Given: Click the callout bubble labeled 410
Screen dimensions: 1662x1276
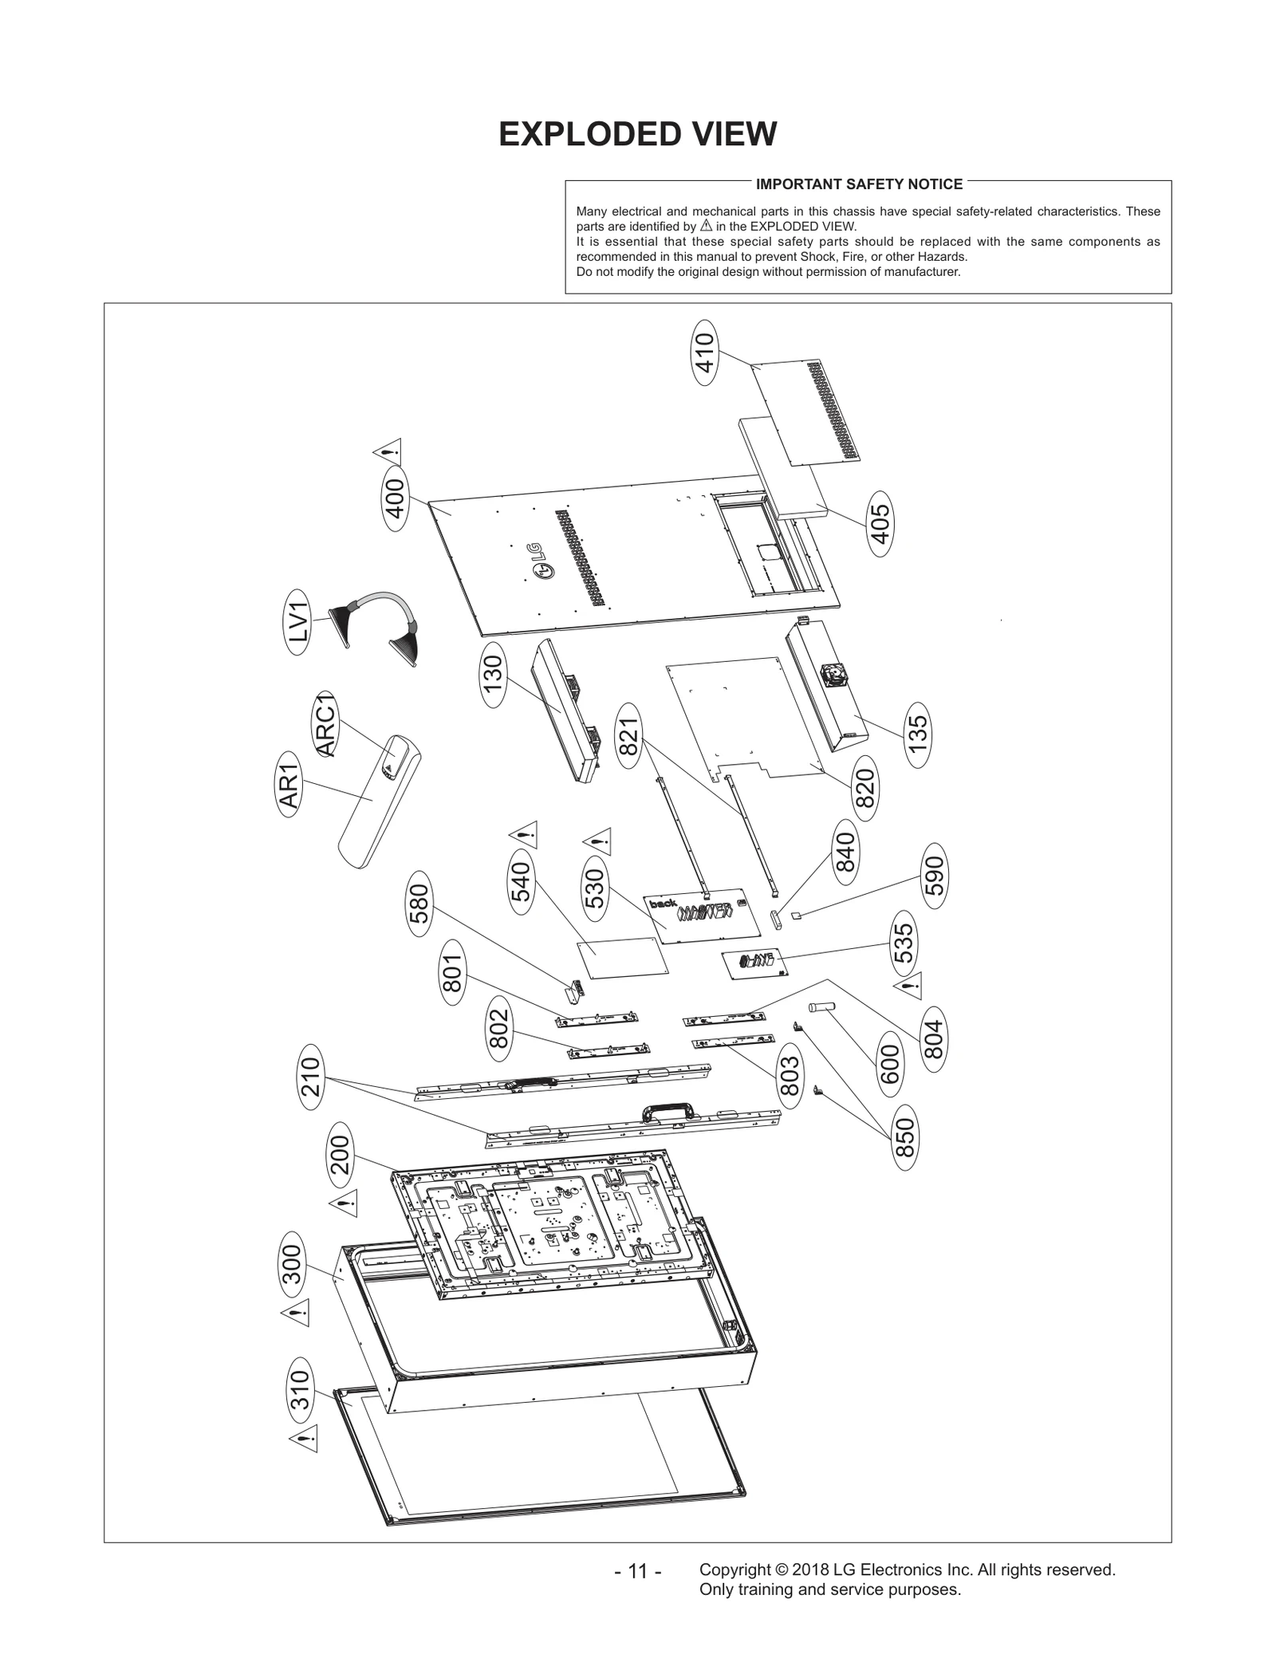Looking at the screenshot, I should click(705, 352).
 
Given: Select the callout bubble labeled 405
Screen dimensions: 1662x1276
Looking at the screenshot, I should click(880, 524).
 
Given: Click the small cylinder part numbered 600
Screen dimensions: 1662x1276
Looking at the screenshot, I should click(821, 1008).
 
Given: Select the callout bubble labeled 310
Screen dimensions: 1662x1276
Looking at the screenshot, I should click(300, 1390).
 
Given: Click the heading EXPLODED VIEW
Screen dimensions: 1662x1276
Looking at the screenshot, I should click(637, 134).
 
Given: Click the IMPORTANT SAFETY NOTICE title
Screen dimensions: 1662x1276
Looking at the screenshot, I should click(859, 184).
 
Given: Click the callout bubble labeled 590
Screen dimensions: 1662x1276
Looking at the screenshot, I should click(935, 876).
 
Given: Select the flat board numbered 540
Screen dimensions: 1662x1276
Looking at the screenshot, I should click(623, 957).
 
